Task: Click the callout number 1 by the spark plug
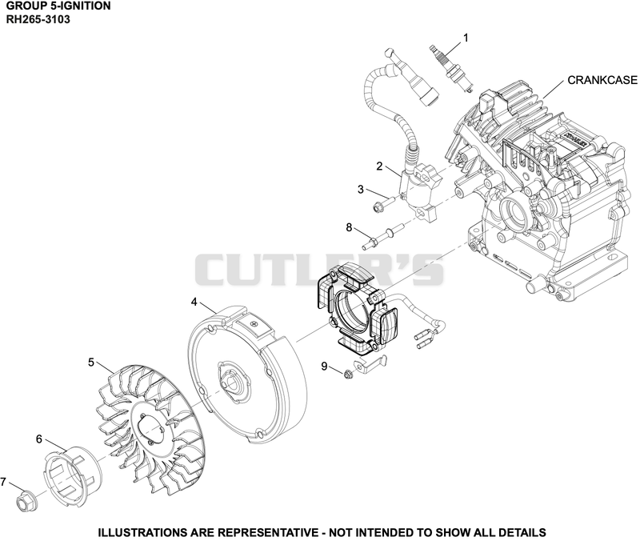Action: (466, 38)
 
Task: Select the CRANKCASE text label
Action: (602, 80)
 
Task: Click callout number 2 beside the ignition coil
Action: (379, 166)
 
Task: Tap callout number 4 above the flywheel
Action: (194, 302)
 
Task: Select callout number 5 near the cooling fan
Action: (91, 363)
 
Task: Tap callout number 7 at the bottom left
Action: (3, 482)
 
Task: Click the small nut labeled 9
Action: (348, 374)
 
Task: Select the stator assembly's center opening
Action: (352, 315)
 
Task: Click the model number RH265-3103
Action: (38, 19)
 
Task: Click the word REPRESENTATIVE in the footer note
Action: (267, 532)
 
